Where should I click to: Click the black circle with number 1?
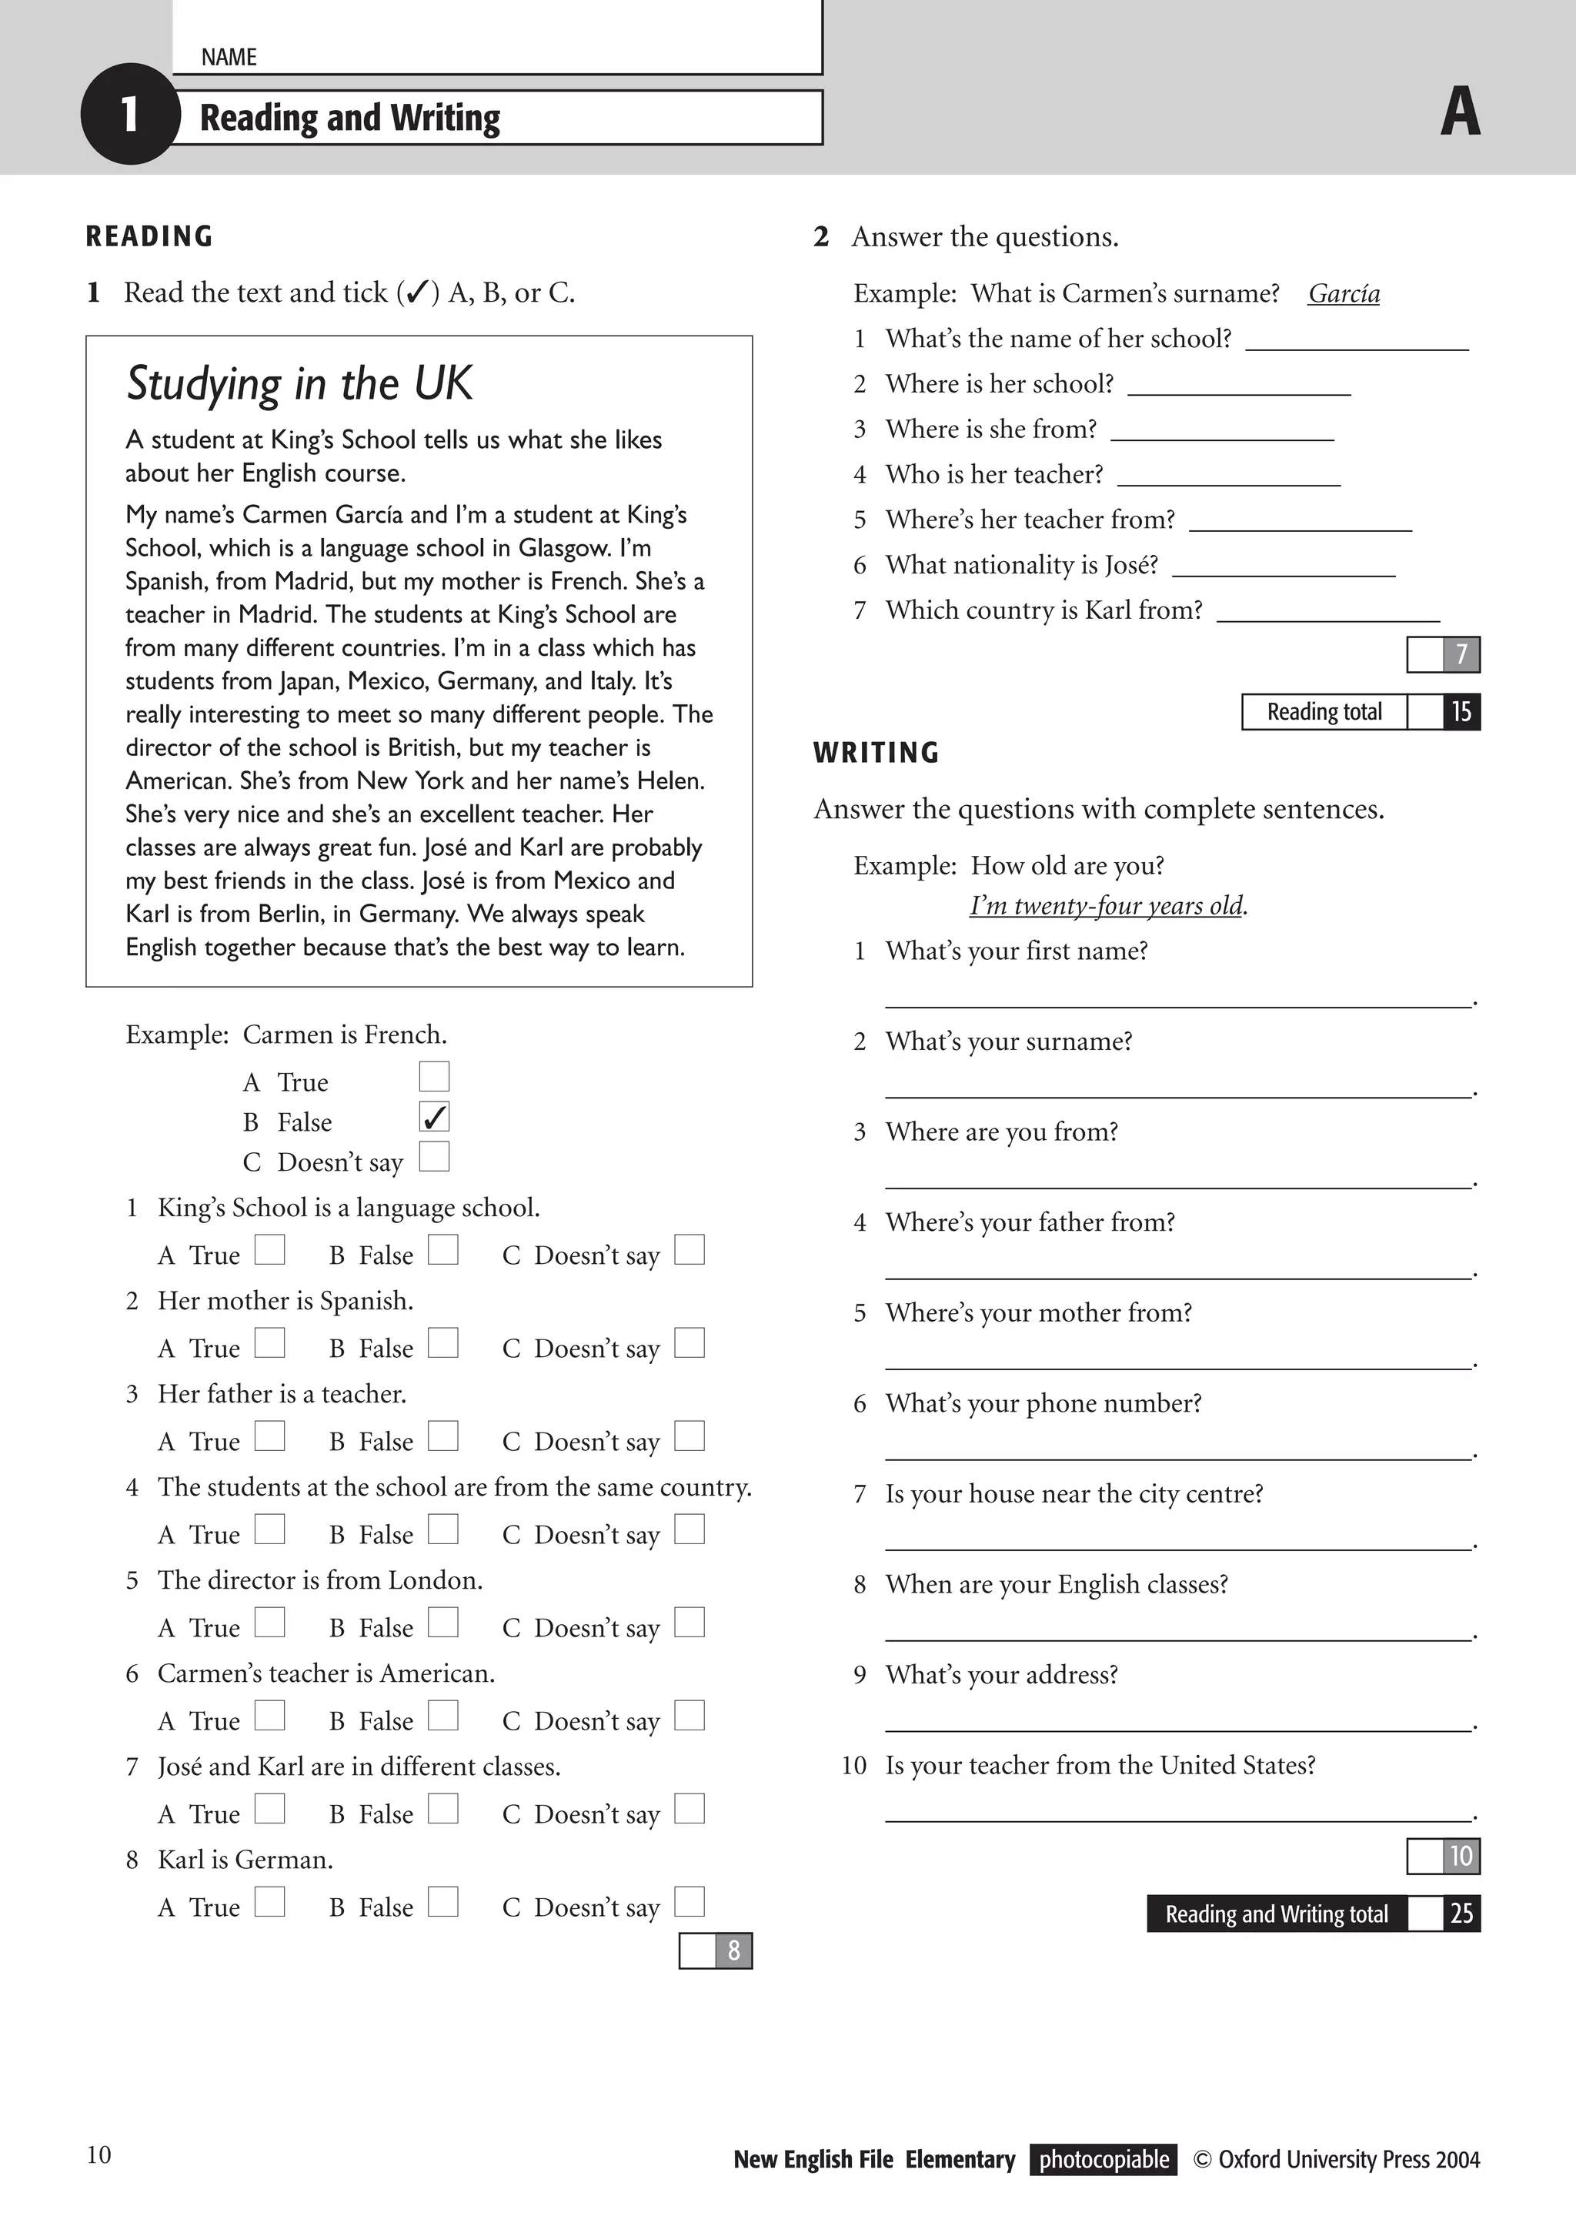click(x=129, y=115)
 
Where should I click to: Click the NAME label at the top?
click(x=229, y=58)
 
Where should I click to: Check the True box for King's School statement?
click(x=270, y=1250)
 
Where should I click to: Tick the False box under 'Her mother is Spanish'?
click(x=443, y=1343)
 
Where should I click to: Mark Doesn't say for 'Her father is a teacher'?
click(x=689, y=1436)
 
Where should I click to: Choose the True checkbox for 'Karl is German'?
click(x=270, y=1901)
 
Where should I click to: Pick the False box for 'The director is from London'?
click(x=443, y=1623)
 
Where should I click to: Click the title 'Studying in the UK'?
click(x=299, y=383)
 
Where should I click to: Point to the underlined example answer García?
click(x=1344, y=294)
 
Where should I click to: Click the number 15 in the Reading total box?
click(x=1461, y=712)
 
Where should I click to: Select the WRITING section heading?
click(x=876, y=753)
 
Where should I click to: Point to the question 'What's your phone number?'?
click(x=1043, y=1403)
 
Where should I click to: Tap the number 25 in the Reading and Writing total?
click(x=1461, y=1914)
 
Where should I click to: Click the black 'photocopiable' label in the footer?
click(x=1104, y=2160)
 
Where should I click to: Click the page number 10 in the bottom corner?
click(x=99, y=2155)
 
